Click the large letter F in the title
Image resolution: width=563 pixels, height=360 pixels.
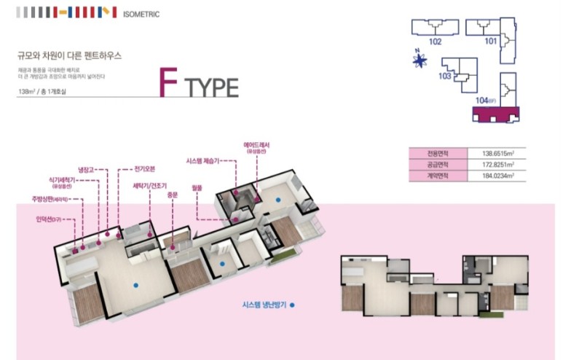[x=169, y=84]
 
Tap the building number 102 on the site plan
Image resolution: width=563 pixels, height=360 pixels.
[x=435, y=42]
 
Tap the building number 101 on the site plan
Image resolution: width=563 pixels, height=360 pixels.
[x=490, y=41]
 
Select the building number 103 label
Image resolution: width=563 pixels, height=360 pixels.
[x=444, y=75]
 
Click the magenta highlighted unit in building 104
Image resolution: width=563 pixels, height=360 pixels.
[x=495, y=114]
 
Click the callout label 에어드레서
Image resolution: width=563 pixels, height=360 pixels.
[x=257, y=146]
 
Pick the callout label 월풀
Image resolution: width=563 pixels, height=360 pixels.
[x=197, y=187]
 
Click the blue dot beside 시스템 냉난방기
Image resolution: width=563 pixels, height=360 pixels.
[x=292, y=306]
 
